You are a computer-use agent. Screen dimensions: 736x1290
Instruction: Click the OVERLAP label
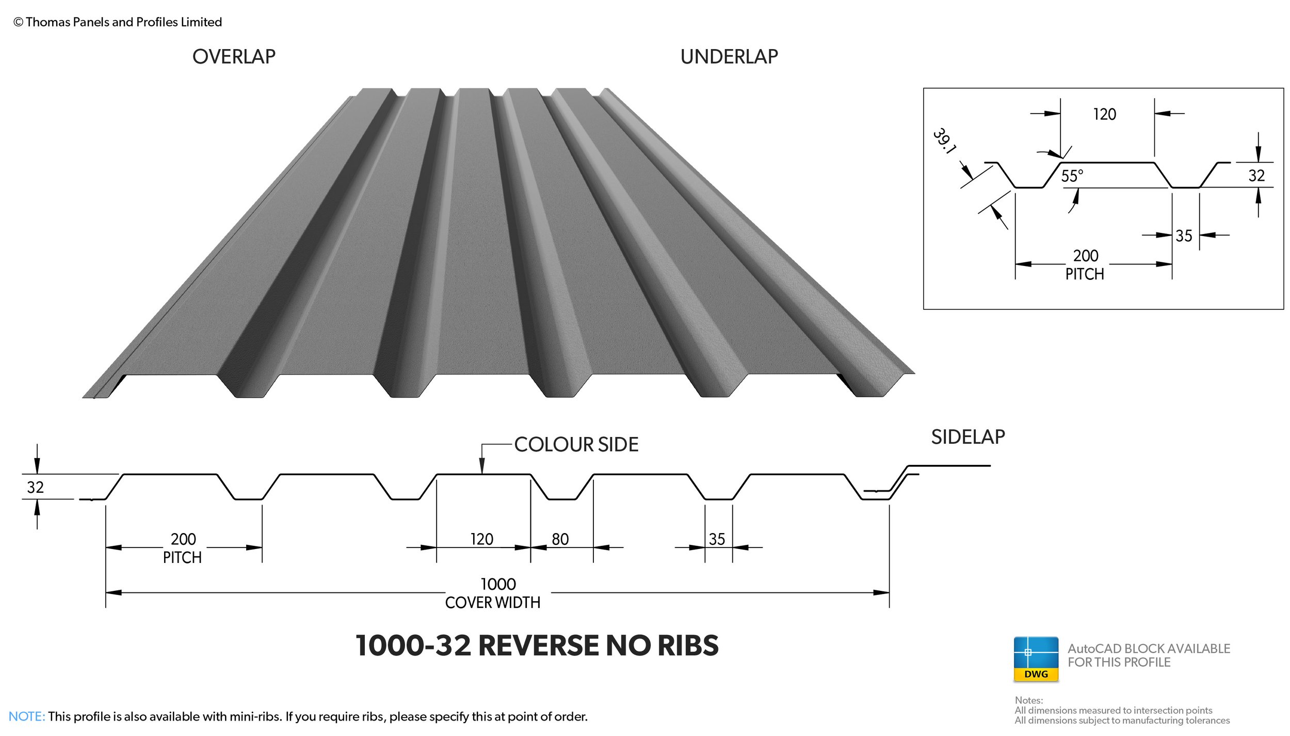234,57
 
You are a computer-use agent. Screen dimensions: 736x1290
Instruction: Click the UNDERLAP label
729,57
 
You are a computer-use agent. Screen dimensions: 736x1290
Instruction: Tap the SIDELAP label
967,437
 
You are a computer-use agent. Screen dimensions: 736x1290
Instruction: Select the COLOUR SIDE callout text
576,445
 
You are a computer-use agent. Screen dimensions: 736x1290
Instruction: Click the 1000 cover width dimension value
498,584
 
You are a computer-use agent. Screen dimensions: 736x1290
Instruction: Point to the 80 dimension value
560,539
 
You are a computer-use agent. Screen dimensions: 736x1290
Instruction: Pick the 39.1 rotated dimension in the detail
945,140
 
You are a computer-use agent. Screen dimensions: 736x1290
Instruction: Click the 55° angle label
1072,176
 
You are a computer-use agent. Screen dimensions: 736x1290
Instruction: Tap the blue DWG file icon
1036,659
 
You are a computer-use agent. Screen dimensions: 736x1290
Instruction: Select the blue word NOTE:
27,716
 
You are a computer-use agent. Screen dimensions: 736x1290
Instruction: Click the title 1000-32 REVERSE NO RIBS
537,646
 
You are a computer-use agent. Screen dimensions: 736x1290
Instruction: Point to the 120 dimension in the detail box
1104,114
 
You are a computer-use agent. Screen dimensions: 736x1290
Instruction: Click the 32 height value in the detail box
1256,176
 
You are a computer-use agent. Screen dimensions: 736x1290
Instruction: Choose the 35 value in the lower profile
717,539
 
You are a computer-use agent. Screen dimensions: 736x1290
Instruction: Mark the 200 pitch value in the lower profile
183,539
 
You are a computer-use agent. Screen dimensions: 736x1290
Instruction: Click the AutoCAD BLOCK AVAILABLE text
1149,649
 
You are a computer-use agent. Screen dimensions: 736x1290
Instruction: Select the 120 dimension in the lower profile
481,539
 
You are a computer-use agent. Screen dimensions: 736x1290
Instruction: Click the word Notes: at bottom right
1028,700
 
